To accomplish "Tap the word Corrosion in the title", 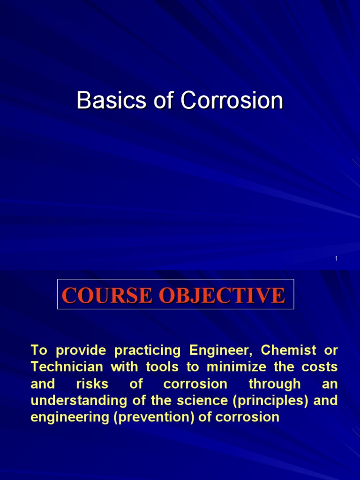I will pos(232,101).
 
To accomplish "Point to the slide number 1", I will pos(337,259).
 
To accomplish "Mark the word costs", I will pos(320,367).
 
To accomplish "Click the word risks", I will pos(92,384).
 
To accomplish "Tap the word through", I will pos(275,384).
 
